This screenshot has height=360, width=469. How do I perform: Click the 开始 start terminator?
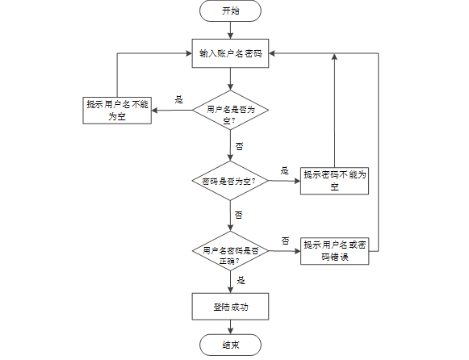tap(230, 10)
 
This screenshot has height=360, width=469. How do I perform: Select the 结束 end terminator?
tap(230, 345)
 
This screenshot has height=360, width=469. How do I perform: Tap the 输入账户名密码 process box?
tap(230, 53)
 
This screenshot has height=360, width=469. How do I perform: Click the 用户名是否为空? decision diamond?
tap(230, 110)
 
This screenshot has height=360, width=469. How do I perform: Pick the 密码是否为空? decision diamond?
tap(230, 181)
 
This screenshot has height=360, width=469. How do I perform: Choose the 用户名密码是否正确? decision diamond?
tap(230, 251)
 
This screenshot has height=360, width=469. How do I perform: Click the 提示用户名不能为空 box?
tap(117, 111)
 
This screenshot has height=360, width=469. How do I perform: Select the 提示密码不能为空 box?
tap(334, 181)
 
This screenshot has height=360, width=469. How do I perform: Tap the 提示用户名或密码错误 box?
tap(334, 251)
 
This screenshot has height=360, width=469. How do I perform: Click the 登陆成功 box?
tap(230, 307)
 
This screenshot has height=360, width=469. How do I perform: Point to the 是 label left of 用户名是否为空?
tap(179, 99)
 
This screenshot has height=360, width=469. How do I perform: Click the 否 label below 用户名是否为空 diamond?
tap(239, 146)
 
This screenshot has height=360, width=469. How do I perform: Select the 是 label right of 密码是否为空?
tap(284, 171)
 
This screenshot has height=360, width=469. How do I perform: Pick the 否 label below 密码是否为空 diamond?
tap(238, 215)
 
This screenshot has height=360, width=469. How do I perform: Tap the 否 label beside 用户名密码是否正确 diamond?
tap(285, 241)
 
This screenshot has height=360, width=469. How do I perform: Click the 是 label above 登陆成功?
tap(241, 280)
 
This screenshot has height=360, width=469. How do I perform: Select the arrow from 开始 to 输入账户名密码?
tap(230, 30)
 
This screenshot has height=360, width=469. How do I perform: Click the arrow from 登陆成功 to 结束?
tap(230, 327)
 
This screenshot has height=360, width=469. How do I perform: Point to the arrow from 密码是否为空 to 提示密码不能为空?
tap(284, 181)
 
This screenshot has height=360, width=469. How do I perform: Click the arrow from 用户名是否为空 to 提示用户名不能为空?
tap(172, 111)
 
